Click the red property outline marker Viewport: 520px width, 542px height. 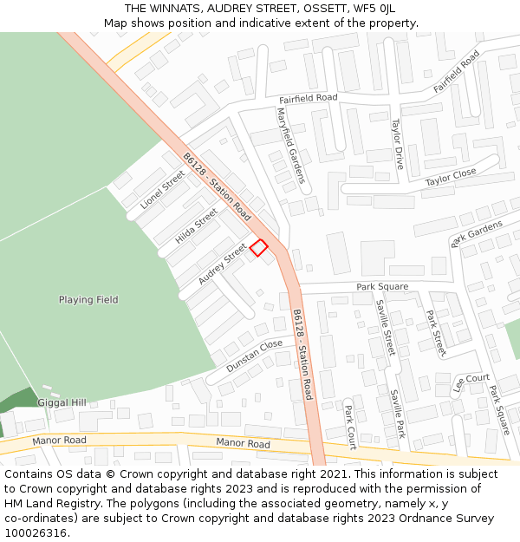click(258, 248)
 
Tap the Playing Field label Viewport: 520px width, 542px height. click(88, 300)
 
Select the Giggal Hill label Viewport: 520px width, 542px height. click(62, 402)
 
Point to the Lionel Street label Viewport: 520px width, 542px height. click(162, 190)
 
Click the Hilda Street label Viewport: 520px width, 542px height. click(197, 225)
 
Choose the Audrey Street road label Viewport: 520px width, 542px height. click(222, 264)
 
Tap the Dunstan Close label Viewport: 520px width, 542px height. click(254, 356)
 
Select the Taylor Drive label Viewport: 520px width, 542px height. click(397, 144)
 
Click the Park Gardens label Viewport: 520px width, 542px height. click(477, 232)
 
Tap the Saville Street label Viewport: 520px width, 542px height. click(385, 327)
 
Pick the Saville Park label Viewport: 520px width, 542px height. click(397, 413)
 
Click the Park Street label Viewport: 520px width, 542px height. click(436, 332)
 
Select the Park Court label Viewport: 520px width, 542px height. click(350, 427)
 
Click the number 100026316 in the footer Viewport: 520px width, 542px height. click(37, 532)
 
